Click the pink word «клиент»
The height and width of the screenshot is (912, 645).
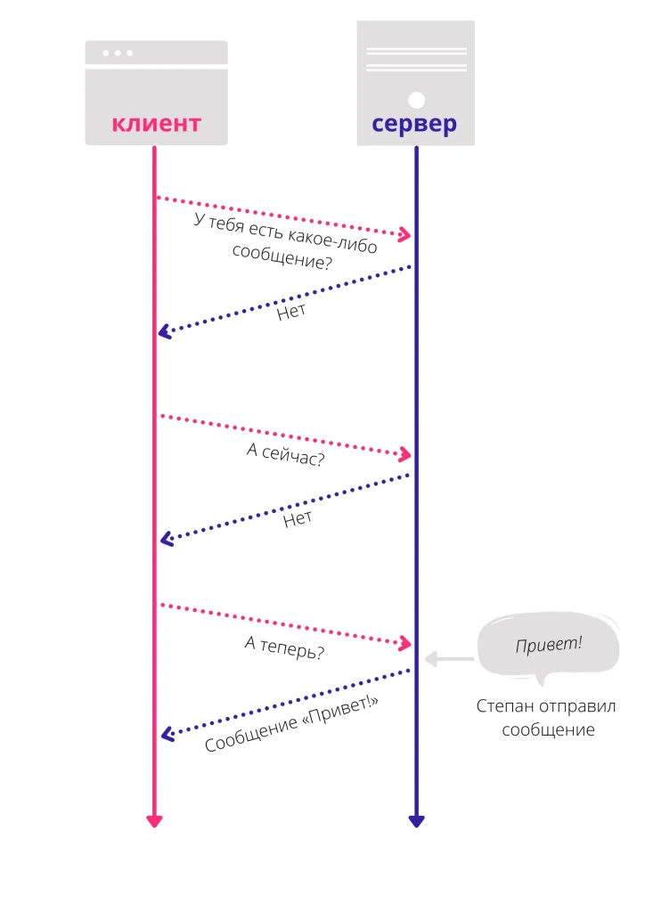coord(156,123)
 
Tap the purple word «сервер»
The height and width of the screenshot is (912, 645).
coord(414,123)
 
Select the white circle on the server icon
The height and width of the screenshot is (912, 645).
coord(416,99)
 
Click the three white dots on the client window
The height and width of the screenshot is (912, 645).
coord(118,53)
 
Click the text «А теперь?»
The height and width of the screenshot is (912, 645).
coord(284,649)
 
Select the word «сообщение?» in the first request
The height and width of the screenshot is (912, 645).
coord(282,257)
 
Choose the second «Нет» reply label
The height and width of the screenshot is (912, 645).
coord(298,518)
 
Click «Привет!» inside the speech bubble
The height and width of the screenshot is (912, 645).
coord(548,643)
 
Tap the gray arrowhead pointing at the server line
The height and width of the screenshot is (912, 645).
coord(430,659)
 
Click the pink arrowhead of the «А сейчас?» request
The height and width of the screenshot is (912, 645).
coord(405,455)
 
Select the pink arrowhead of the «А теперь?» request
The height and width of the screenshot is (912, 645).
coord(405,643)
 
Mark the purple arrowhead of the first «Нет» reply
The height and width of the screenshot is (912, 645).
coord(164,332)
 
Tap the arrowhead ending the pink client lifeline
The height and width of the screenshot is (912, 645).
coord(154,820)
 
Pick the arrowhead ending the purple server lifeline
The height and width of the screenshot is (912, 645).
coord(415,820)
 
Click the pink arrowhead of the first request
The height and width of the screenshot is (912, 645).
coord(404,235)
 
